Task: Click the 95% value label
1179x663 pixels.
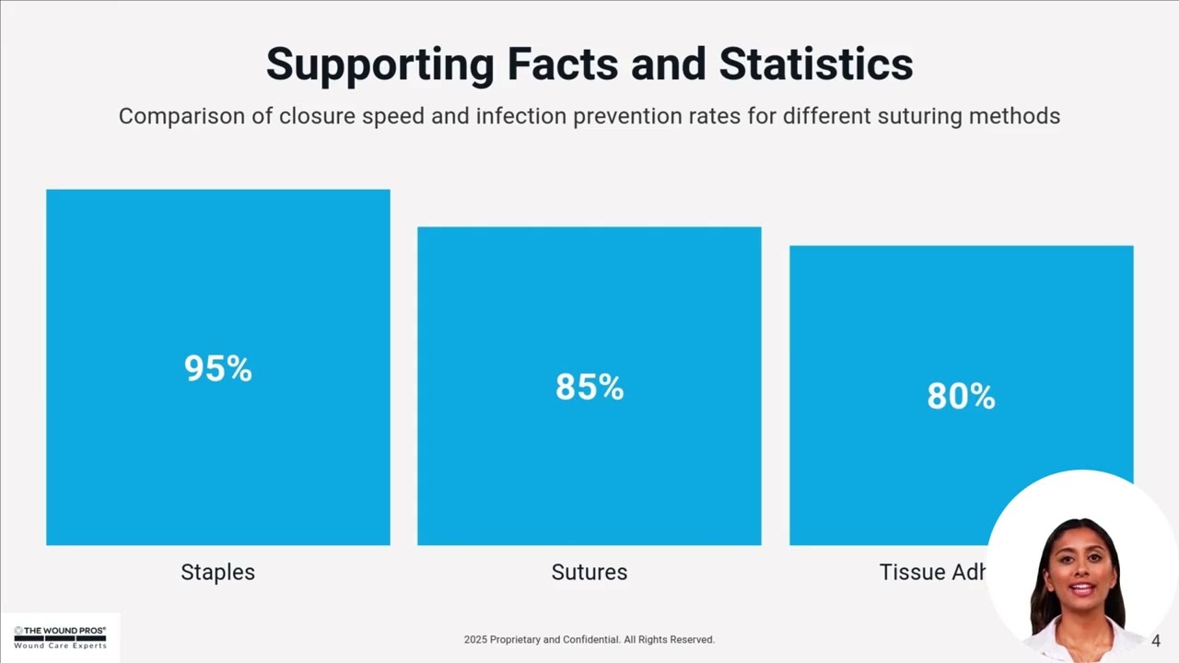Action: point(217,368)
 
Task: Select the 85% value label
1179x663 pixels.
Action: point(589,387)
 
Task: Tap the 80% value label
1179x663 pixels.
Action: point(961,396)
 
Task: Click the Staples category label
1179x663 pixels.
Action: point(217,572)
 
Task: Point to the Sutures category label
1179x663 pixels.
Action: point(589,572)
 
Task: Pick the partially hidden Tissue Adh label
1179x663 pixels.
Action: point(933,572)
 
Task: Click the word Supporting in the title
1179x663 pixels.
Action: point(379,64)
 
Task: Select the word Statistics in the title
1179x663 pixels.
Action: point(816,64)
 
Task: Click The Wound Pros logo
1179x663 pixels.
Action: point(60,637)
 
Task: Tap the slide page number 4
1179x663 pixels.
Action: point(1156,641)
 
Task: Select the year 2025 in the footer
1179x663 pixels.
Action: point(475,639)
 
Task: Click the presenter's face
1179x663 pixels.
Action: point(1080,579)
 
